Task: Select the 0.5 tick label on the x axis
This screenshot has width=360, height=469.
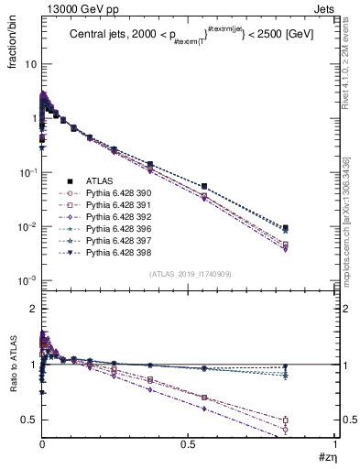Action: pos(189,444)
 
